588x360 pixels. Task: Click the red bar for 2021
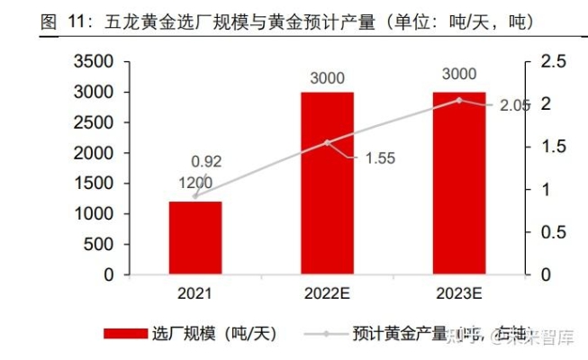195,238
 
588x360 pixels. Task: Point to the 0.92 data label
206,162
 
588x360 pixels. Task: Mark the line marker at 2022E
328,142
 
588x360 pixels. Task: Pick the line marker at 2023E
459,100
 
